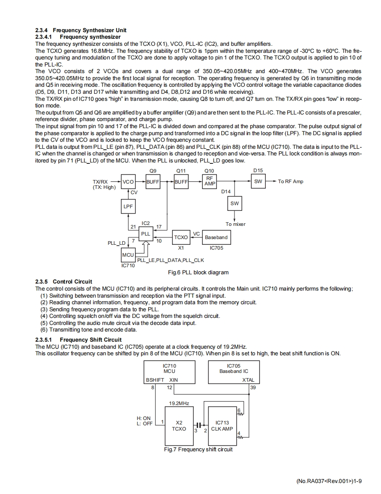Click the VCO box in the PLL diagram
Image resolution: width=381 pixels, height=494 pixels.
pos(128,181)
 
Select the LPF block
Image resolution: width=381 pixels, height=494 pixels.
pos(128,206)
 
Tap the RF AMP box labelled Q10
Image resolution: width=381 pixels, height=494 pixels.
pos(209,181)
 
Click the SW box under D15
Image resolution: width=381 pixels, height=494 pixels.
pos(258,181)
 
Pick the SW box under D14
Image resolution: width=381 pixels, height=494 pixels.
pos(234,204)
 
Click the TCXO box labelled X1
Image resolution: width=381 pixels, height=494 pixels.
pos(181,237)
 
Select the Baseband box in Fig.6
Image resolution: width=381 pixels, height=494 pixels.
pos(216,237)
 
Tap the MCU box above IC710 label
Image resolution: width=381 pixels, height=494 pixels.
pos(128,255)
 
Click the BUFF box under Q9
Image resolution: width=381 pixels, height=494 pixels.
pos(153,181)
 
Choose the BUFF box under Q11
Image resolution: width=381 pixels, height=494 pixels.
pos(181,181)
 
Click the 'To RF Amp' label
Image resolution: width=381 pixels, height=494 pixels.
pos(290,181)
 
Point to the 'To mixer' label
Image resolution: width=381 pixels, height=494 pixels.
pos(235,224)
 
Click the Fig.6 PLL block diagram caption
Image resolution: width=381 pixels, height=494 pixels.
pos(198,273)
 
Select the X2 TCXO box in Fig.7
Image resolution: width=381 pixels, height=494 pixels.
pos(178,426)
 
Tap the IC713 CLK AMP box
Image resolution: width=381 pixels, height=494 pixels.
pos(222,426)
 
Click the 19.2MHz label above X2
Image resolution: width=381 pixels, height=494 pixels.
pos(179,403)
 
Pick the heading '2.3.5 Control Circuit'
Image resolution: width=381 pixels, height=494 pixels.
pos(64,281)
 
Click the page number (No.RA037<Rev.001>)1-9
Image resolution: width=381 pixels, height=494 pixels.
pos(329,481)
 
